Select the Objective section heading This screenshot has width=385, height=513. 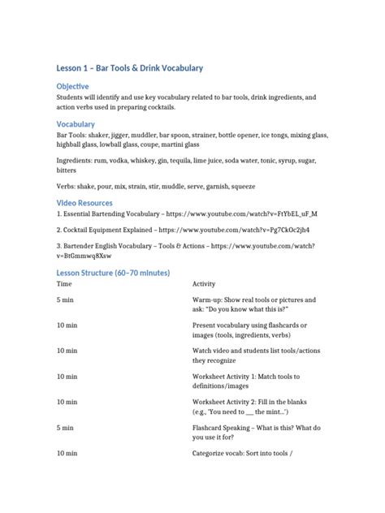pos(72,86)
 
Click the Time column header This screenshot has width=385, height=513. pos(64,285)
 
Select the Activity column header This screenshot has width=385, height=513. pos(205,285)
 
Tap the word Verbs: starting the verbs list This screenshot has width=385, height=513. pos(67,186)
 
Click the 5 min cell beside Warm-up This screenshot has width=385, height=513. pos(65,300)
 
